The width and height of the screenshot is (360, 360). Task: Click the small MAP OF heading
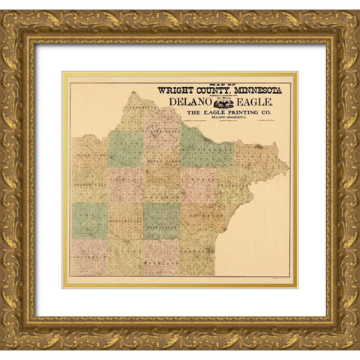(217, 83)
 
